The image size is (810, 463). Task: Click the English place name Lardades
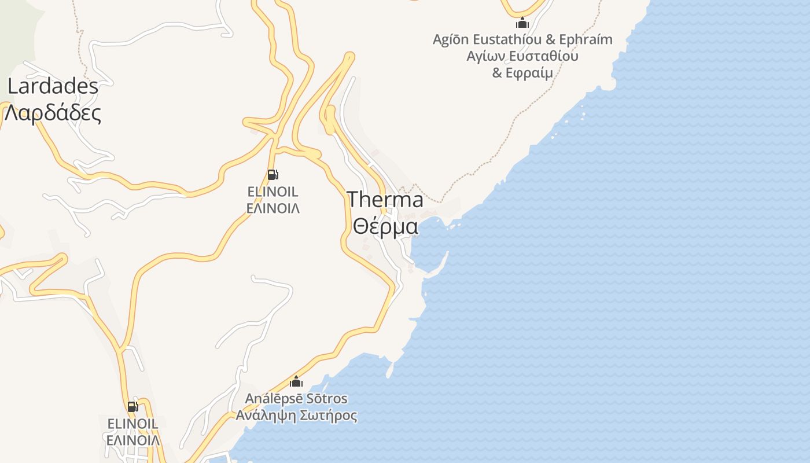(53, 87)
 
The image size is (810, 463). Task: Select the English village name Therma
(385, 200)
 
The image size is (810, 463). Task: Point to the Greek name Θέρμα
(385, 226)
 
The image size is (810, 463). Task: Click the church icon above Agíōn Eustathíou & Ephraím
(522, 23)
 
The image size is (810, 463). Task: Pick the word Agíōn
(451, 39)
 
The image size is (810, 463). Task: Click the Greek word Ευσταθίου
(542, 56)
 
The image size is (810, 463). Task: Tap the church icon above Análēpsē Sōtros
(296, 381)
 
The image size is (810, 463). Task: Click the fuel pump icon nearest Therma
(273, 174)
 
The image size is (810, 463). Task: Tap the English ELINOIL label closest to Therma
(273, 192)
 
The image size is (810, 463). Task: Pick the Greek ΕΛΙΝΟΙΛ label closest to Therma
(273, 208)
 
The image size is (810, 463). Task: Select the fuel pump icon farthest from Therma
(132, 407)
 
